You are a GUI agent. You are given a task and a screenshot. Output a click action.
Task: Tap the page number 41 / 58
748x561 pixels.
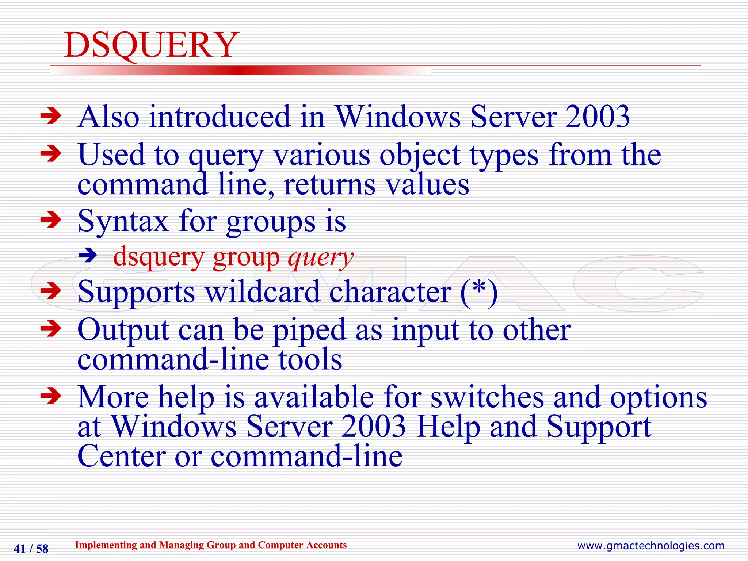(x=31, y=549)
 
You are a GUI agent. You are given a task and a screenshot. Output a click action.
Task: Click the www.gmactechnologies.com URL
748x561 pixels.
(x=650, y=546)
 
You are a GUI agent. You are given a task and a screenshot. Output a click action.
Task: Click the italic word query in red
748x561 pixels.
(x=320, y=258)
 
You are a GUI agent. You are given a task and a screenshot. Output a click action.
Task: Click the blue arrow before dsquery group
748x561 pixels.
(x=88, y=255)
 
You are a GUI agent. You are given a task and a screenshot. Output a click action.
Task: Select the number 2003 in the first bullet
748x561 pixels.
(x=598, y=117)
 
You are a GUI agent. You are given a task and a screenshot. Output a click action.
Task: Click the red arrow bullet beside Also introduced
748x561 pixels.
(x=51, y=117)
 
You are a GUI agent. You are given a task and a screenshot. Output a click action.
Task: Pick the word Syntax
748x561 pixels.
(x=123, y=222)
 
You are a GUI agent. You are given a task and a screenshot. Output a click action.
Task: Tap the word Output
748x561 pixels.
(x=123, y=330)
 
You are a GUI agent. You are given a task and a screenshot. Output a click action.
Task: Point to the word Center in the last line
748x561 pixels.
(x=122, y=457)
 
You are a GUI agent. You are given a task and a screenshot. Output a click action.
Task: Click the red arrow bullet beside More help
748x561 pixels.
(x=51, y=397)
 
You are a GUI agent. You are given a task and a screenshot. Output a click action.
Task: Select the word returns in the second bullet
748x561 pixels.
(x=329, y=185)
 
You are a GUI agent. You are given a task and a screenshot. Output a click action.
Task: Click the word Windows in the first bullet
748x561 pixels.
(x=398, y=117)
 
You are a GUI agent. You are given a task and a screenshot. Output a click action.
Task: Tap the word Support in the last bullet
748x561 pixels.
(x=599, y=427)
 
